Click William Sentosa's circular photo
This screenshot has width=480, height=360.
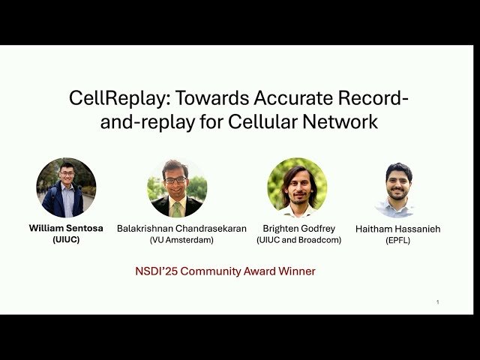pyautogui.click(x=66, y=187)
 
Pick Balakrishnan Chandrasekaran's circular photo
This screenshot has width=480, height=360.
pyautogui.click(x=177, y=187)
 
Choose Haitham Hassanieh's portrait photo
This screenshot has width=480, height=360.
pyautogui.click(x=397, y=189)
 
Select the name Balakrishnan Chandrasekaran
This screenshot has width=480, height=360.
pyautogui.click(x=181, y=228)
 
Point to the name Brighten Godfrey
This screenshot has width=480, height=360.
pyautogui.click(x=298, y=228)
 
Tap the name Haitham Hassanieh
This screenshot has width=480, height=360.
pyautogui.click(x=397, y=229)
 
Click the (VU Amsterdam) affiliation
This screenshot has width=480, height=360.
pyautogui.click(x=181, y=240)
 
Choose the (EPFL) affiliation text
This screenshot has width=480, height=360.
pyautogui.click(x=397, y=241)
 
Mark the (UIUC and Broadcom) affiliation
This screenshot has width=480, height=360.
pyautogui.click(x=298, y=240)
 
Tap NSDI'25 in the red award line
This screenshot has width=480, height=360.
pyautogui.click(x=154, y=271)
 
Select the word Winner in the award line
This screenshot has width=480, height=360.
pyautogui.click(x=297, y=271)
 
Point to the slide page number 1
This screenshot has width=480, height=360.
pyautogui.click(x=437, y=302)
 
